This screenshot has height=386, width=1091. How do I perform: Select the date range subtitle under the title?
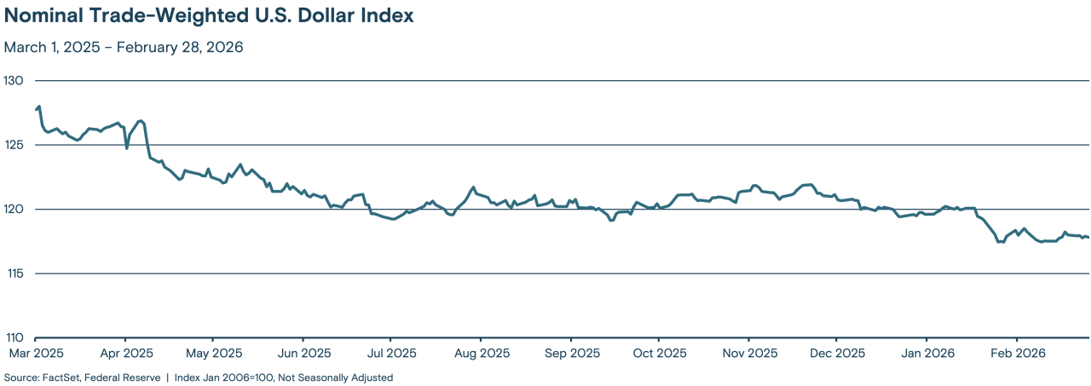tap(124, 48)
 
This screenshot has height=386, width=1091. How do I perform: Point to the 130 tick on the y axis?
tap(15, 80)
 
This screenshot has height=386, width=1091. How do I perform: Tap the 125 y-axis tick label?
tap(15, 145)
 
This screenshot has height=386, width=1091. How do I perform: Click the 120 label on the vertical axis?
tap(15, 209)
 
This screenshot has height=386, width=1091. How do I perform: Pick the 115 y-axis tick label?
tap(15, 274)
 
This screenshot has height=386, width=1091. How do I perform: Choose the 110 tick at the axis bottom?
tap(15, 337)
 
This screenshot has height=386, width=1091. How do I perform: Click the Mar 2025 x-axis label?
tap(36, 353)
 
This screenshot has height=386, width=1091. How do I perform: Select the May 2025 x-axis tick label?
tap(214, 353)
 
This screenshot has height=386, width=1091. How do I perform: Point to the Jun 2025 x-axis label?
tap(303, 353)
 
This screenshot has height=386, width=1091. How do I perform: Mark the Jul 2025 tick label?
tap(391, 353)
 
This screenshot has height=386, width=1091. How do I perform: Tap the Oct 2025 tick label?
tap(659, 353)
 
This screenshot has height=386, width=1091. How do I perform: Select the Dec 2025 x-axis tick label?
tap(837, 353)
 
